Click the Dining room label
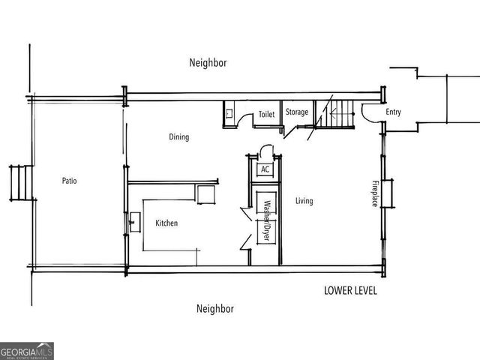pos(178,137)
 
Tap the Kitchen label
pos(166,223)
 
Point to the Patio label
pos(69,181)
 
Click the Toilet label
pos(266,115)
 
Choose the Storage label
pos(296,112)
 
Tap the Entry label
pos(393,112)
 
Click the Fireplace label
pos(375,193)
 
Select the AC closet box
pos(265,169)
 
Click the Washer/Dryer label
pos(265,218)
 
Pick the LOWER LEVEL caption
pos(350,290)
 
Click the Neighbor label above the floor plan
pos(208,64)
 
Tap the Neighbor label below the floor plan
pos(215,308)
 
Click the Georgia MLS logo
pos(27,351)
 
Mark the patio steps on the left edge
pos(21,182)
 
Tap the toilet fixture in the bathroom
pos(229,115)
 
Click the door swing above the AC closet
pos(262,151)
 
